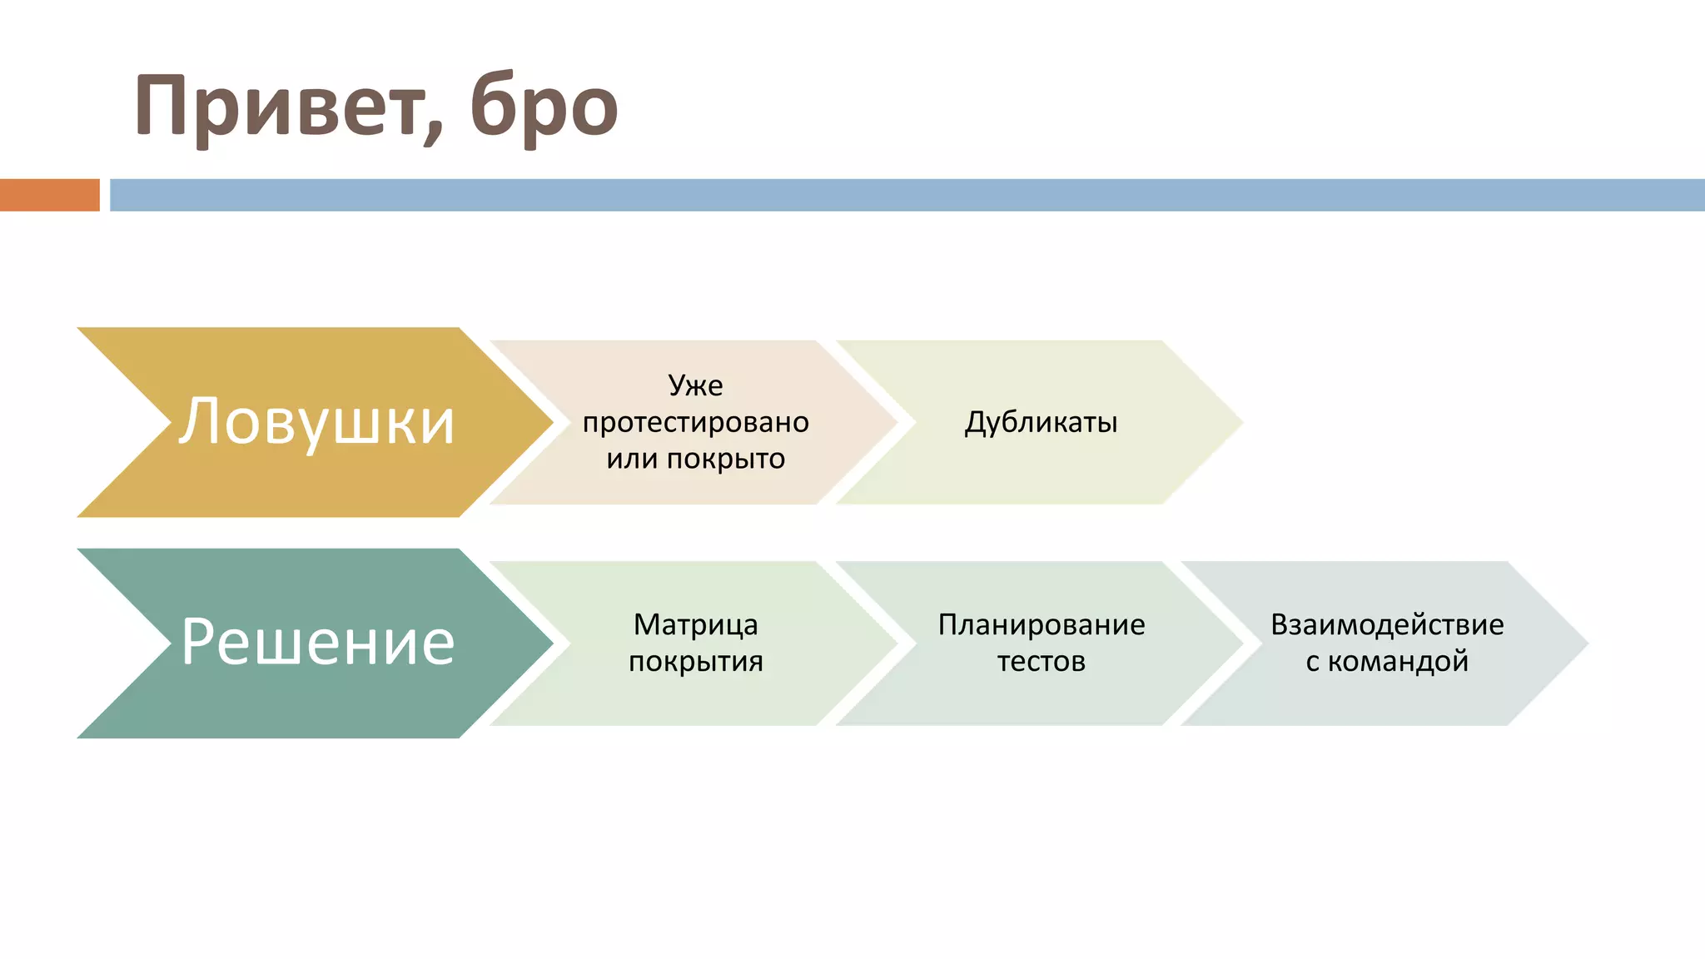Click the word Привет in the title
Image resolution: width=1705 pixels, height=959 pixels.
[279, 107]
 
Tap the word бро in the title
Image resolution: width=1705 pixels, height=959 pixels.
[544, 108]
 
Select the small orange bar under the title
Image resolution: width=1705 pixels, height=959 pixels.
[50, 195]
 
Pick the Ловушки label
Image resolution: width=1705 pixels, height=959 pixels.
[316, 421]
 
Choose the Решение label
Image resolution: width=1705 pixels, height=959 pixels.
[317, 642]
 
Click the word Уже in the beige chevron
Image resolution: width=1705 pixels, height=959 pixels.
[695, 385]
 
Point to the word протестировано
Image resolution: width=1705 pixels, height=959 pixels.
[695, 422]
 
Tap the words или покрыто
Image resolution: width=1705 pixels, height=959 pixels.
[695, 459]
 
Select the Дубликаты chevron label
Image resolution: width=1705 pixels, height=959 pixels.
[1041, 422]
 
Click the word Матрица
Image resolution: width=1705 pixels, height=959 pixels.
[695, 624]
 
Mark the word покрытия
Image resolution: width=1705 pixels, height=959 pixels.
[695, 661]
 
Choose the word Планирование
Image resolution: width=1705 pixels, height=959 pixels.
[1041, 624]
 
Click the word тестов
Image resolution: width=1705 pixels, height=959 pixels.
[1041, 661]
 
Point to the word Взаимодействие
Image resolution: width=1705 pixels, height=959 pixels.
[1387, 624]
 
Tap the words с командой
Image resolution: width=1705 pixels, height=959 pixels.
[1387, 661]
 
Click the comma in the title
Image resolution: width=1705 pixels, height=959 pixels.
[433, 133]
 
